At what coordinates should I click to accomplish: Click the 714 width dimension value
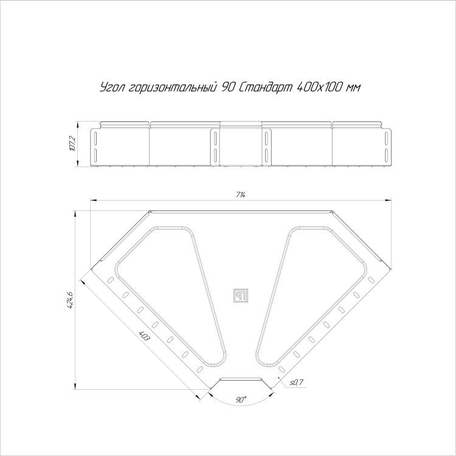tap(241, 195)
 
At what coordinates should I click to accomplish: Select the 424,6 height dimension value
tap(70, 300)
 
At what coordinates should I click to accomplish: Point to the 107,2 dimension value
tap(72, 143)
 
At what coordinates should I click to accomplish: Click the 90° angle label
tap(241, 400)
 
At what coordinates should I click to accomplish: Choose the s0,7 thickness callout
tap(296, 382)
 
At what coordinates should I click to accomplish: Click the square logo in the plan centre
tap(241, 295)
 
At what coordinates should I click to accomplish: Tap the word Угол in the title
tap(112, 88)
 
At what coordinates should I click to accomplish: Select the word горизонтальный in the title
tap(173, 88)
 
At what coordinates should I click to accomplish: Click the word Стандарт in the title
tap(265, 88)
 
